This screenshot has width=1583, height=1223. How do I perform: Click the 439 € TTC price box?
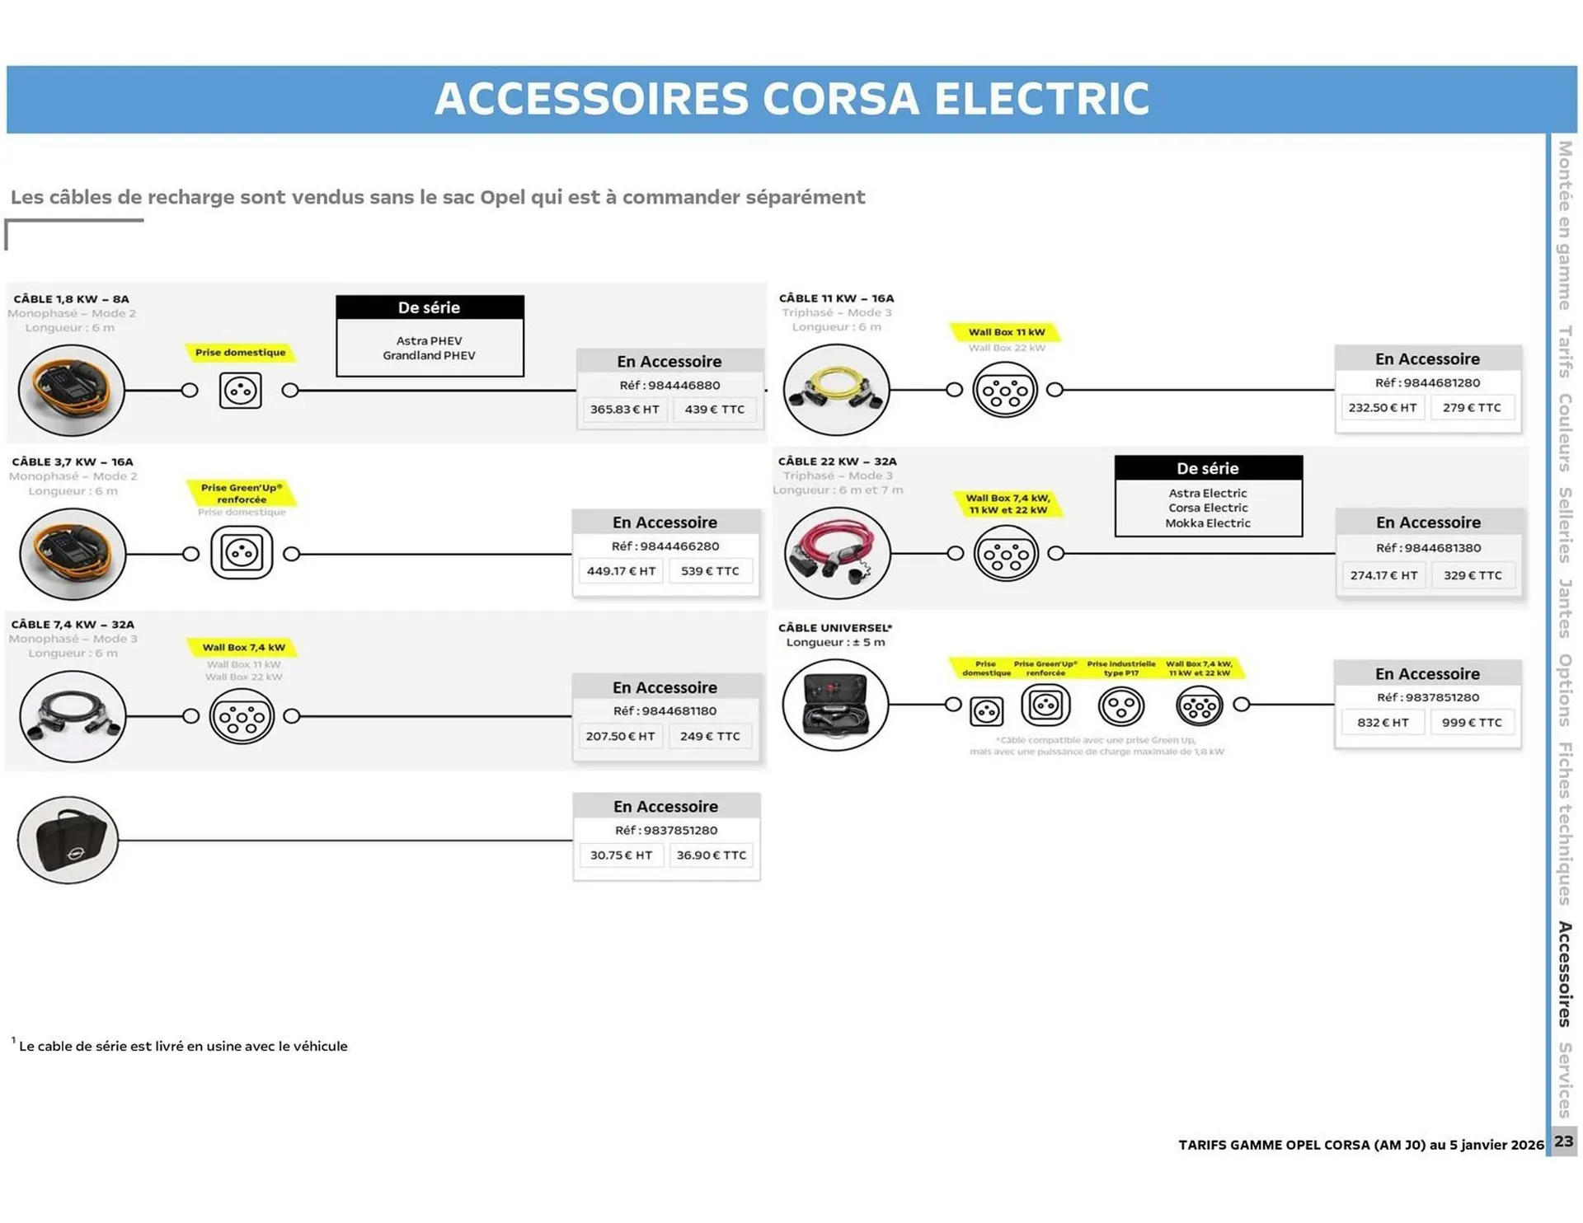(x=714, y=410)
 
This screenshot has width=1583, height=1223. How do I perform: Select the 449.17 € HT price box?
(x=621, y=571)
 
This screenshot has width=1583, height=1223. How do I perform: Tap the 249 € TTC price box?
(x=710, y=736)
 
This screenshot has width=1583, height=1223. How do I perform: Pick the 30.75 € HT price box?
(x=621, y=855)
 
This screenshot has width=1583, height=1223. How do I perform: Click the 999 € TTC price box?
(x=1472, y=723)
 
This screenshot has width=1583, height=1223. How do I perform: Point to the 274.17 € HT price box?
(x=1383, y=575)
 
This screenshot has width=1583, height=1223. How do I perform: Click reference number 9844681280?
(x=1427, y=382)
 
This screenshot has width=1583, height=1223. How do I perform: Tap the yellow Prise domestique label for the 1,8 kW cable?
(x=240, y=353)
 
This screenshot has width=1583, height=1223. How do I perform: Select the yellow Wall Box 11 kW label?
(x=1006, y=332)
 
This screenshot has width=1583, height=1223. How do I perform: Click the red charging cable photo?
(x=836, y=553)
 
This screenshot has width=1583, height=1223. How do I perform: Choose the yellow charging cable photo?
(x=836, y=389)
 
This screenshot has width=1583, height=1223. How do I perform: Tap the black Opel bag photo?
(x=68, y=840)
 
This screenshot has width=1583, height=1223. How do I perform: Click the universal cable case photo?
(x=835, y=705)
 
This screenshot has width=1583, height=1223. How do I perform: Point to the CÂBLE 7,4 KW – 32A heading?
(x=73, y=625)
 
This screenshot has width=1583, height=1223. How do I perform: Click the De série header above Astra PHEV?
(x=430, y=307)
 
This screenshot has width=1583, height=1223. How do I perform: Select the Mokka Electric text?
(x=1207, y=523)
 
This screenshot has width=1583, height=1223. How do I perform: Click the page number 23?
(x=1563, y=1141)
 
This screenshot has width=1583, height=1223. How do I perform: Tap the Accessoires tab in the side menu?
(x=1564, y=973)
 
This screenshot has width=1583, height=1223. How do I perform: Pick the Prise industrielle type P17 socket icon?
(x=1120, y=706)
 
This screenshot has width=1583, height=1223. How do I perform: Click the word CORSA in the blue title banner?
(x=840, y=99)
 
